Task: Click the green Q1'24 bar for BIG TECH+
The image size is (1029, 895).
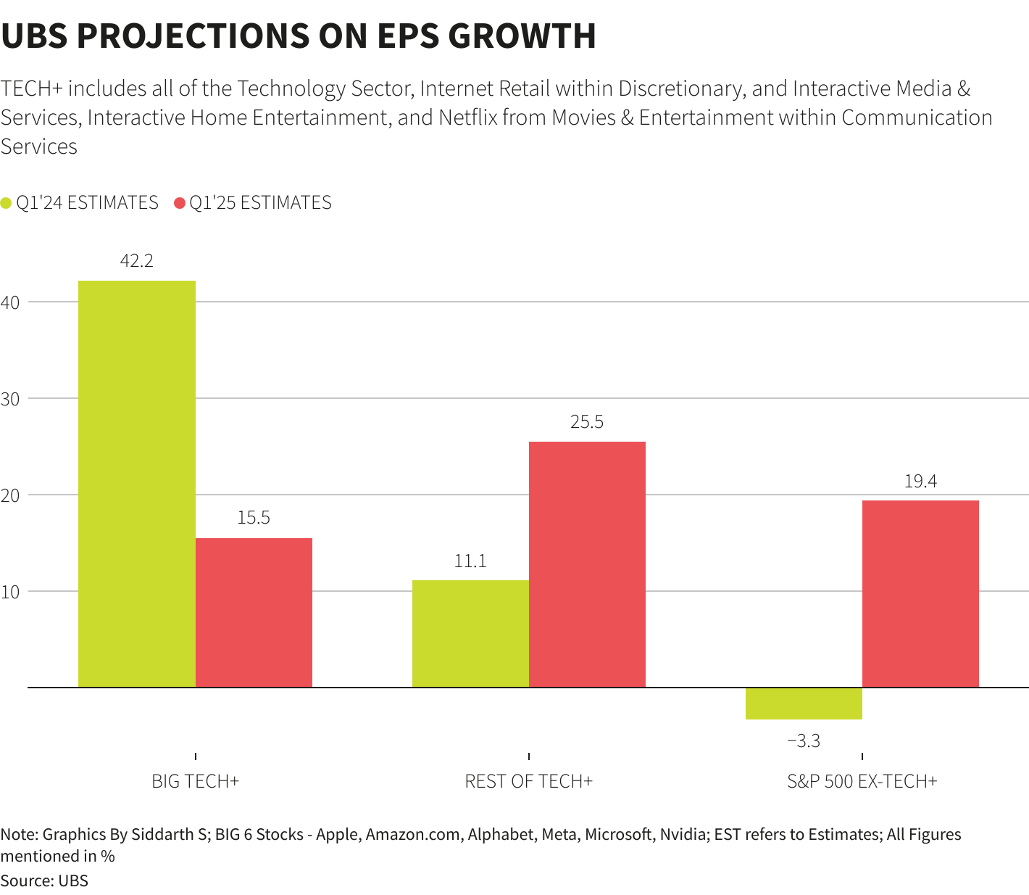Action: click(x=136, y=484)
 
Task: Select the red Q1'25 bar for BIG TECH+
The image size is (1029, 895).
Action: click(x=254, y=612)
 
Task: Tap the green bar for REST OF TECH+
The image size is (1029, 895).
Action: click(x=470, y=633)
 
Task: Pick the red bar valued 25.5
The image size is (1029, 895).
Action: click(x=587, y=564)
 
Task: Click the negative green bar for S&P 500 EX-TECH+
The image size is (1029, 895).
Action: click(x=804, y=703)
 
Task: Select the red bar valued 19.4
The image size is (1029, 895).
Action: click(x=920, y=593)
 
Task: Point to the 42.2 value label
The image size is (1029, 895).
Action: click(x=136, y=260)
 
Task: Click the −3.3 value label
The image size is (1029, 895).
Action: click(x=804, y=741)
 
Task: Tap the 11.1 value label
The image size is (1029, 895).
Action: click(x=470, y=561)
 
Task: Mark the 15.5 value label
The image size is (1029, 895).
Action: click(x=254, y=518)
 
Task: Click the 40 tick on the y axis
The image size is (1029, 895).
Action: click(x=10, y=302)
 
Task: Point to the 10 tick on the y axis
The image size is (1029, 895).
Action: click(x=10, y=592)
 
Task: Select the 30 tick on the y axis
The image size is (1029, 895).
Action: click(x=10, y=399)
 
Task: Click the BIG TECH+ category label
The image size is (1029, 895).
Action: click(x=195, y=781)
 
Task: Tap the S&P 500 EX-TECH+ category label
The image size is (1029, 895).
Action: click(x=862, y=781)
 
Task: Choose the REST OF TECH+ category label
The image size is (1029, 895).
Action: click(x=528, y=781)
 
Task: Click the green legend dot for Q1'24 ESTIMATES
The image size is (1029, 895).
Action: click(x=7, y=203)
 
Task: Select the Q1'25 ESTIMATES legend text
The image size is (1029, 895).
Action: click(x=260, y=203)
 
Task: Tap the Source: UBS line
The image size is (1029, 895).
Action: click(x=44, y=880)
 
